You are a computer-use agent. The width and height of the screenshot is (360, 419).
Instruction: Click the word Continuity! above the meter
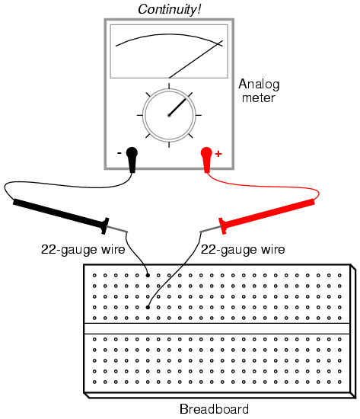pyautogui.click(x=169, y=10)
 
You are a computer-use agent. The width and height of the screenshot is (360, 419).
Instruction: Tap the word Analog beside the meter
pyautogui.click(x=259, y=85)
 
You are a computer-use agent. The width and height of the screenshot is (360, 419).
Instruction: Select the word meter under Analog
pyautogui.click(x=258, y=98)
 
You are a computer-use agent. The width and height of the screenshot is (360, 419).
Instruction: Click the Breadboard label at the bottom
pyautogui.click(x=214, y=409)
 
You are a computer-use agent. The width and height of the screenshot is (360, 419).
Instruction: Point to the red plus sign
pyautogui.click(x=218, y=154)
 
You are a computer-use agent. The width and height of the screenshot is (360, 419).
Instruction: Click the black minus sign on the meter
pyautogui.click(x=119, y=153)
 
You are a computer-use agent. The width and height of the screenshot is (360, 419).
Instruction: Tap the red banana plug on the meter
pyautogui.click(x=206, y=159)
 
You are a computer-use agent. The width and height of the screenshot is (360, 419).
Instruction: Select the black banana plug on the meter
pyautogui.click(x=132, y=159)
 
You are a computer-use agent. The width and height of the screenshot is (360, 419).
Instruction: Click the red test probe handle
pyautogui.click(x=267, y=216)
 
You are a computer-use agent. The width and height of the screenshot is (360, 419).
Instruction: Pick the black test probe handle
pyautogui.click(x=61, y=216)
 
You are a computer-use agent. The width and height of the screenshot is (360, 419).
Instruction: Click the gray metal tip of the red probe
pyautogui.click(x=211, y=229)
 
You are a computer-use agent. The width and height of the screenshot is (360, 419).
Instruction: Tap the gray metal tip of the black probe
pyautogui.click(x=117, y=229)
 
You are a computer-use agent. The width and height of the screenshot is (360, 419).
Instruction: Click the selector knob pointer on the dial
pyautogui.click(x=177, y=107)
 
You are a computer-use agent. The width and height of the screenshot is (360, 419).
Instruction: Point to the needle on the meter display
pyautogui.click(x=196, y=59)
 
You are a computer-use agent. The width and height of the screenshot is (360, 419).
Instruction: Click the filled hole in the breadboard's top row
pyautogui.click(x=148, y=275)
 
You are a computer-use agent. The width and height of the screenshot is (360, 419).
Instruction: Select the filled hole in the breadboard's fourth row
pyautogui.click(x=148, y=307)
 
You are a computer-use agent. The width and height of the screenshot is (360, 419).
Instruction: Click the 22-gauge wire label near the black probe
pyautogui.click(x=83, y=250)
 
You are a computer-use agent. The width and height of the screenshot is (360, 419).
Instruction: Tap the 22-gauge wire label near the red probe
pyautogui.click(x=243, y=250)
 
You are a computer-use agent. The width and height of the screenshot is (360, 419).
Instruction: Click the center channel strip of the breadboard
pyautogui.click(x=217, y=328)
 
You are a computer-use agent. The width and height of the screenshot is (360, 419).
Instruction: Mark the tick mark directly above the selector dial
pyautogui.click(x=169, y=86)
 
